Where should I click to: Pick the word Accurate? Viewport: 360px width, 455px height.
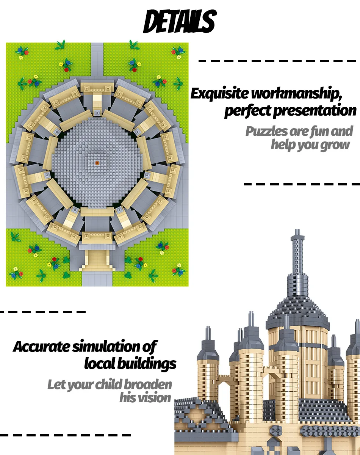(x=41, y=347)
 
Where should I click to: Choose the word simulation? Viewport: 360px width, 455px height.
(x=106, y=347)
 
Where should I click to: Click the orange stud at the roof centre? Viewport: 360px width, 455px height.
(x=97, y=163)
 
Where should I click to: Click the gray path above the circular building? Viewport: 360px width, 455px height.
(x=97, y=61)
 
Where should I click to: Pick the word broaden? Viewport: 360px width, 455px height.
(x=149, y=384)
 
